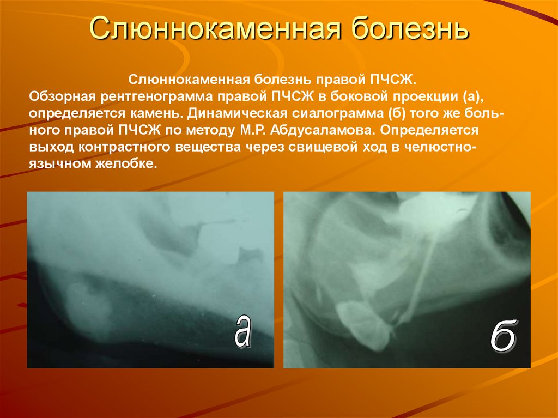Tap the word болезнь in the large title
pos(408,29)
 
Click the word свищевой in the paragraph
pos(299,148)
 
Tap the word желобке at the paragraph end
pos(129,165)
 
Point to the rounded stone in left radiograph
pos(87,305)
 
